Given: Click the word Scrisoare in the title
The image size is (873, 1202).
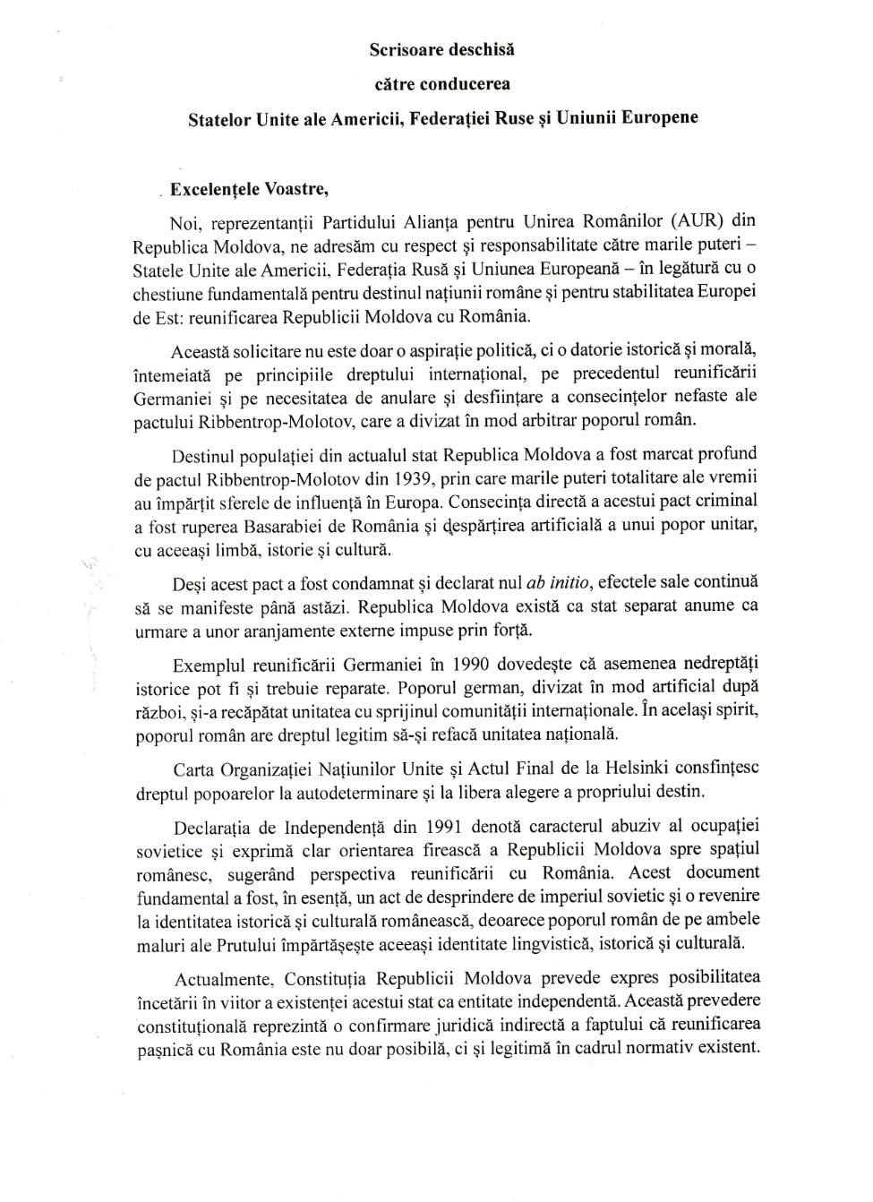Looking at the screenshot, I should [407, 50].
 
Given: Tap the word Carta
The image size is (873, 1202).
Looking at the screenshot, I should [193, 769].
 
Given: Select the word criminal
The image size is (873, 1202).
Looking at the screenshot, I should [723, 501].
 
